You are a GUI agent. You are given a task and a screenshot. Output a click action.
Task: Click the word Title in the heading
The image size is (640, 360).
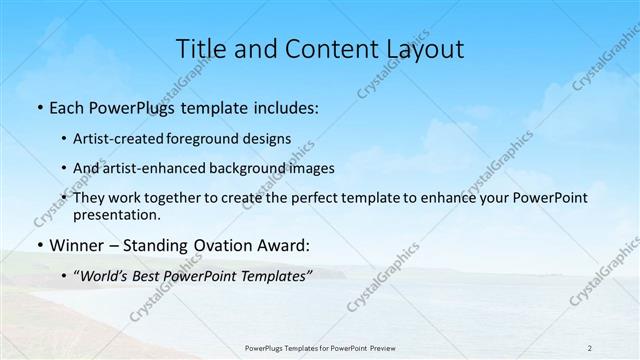(201, 49)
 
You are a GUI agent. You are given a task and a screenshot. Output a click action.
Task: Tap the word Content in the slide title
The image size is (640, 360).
(319, 49)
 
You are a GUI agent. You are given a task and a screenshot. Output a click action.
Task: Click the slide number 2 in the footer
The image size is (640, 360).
(590, 347)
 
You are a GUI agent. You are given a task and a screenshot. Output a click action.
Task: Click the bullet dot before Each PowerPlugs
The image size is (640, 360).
(38, 107)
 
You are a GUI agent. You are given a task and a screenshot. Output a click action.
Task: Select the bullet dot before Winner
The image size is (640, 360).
(38, 245)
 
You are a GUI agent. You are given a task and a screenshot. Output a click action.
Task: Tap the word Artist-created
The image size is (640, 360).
(127, 139)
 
